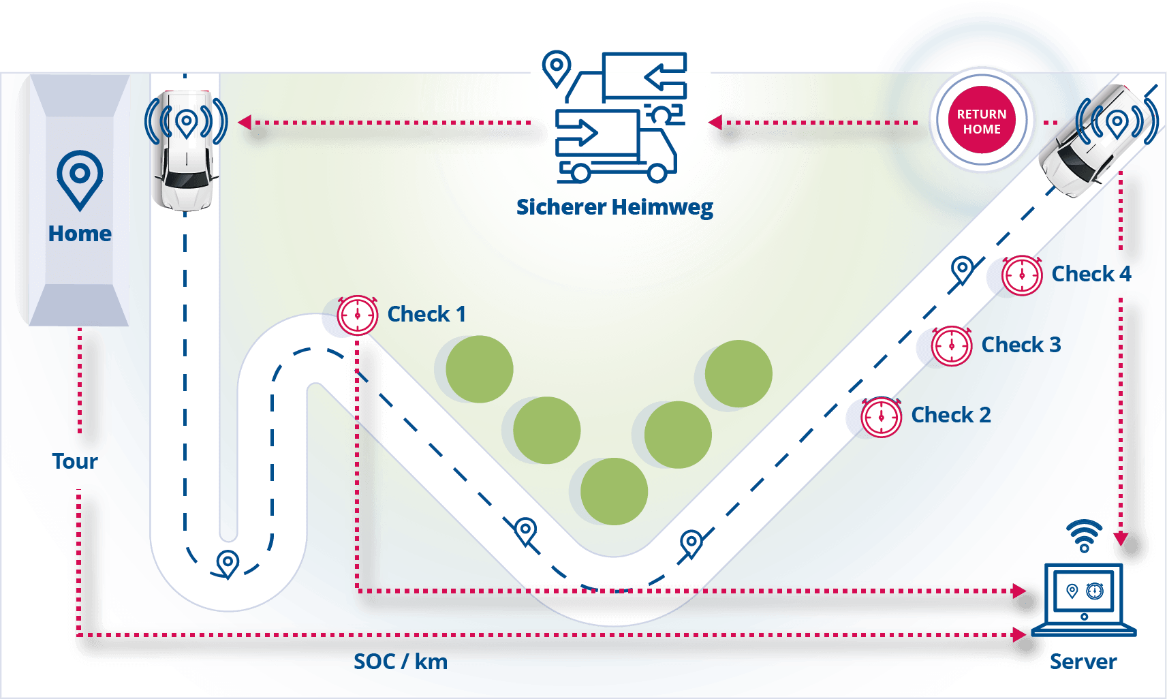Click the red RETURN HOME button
coord(982,121)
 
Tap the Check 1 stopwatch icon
coord(358,315)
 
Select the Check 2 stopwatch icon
coord(882,416)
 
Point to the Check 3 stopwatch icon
coord(952,346)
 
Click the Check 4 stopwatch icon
coord(1022,275)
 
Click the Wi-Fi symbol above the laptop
coord(1084,535)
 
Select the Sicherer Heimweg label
coord(614,208)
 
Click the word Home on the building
coord(80,234)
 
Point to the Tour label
coord(75,461)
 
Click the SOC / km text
coord(401,662)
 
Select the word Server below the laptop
coord(1083,662)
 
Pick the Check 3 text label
coord(1021,345)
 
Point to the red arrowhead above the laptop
coord(1121,540)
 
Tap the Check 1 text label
coord(426,314)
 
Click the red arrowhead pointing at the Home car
coord(245,123)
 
